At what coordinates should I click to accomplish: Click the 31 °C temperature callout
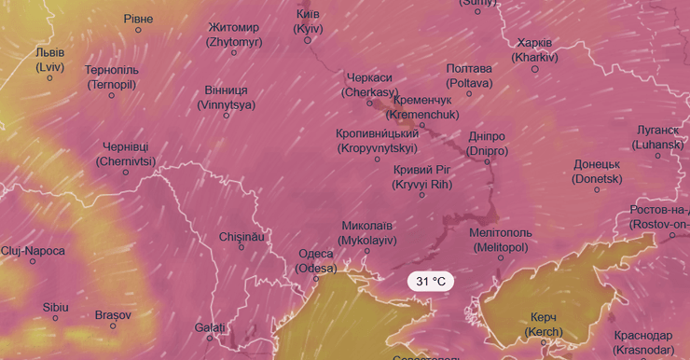(x=431, y=281)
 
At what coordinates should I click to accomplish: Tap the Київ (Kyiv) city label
(x=308, y=21)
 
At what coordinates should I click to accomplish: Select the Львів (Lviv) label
(x=49, y=60)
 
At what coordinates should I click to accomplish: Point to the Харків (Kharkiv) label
(x=534, y=50)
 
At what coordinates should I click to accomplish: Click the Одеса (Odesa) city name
(x=316, y=261)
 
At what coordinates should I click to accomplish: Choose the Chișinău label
(x=241, y=237)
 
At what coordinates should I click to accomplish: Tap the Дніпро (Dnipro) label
(x=488, y=143)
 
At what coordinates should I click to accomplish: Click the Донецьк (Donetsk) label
(x=597, y=171)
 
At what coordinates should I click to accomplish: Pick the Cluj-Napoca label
(x=33, y=251)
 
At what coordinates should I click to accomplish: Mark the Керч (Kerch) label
(x=544, y=325)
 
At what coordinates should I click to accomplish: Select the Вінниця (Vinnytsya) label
(x=226, y=97)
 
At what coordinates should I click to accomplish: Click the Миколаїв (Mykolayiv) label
(x=367, y=233)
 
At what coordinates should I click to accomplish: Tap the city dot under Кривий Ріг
(x=422, y=195)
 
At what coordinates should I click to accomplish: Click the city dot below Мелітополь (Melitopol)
(x=501, y=257)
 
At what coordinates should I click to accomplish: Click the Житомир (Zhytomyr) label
(x=233, y=35)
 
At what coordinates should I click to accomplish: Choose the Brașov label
(x=113, y=314)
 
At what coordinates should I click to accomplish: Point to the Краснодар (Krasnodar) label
(x=643, y=341)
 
